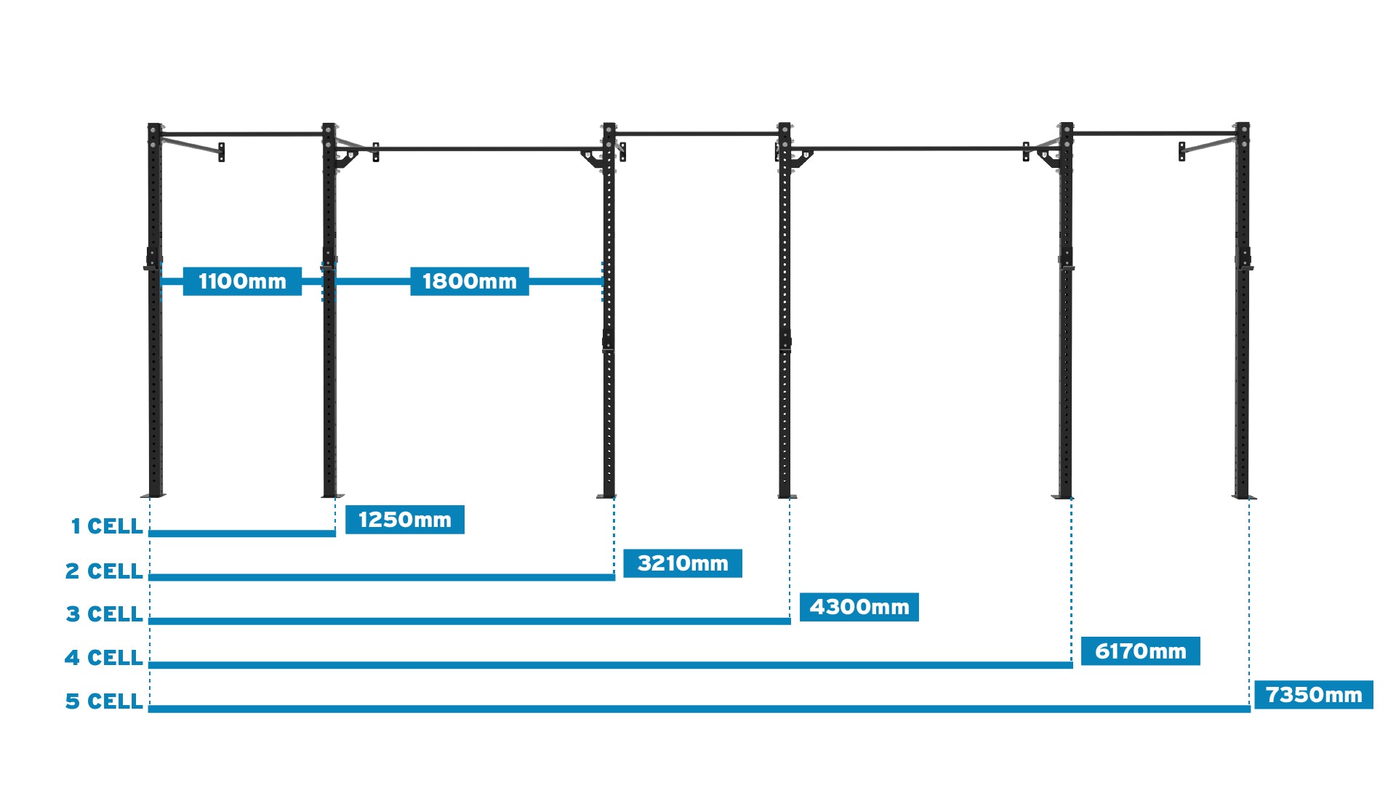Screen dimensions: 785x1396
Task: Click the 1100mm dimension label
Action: click(x=242, y=281)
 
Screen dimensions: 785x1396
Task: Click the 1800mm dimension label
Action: click(x=469, y=281)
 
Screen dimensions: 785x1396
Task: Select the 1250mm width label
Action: click(x=404, y=520)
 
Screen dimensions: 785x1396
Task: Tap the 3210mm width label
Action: click(x=683, y=563)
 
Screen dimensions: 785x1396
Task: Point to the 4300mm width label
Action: click(x=859, y=607)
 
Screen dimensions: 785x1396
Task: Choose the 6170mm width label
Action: click(x=1140, y=651)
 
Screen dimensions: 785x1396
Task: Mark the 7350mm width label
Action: click(x=1313, y=695)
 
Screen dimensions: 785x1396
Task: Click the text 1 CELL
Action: click(x=106, y=526)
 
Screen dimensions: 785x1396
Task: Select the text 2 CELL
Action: click(x=104, y=571)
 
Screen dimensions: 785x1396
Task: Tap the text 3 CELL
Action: click(x=104, y=614)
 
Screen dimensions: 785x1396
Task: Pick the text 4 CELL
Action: click(x=103, y=658)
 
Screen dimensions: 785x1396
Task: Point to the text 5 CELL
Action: click(x=104, y=701)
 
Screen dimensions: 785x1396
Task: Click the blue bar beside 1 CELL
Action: click(x=242, y=534)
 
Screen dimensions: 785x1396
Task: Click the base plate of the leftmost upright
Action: click(x=154, y=496)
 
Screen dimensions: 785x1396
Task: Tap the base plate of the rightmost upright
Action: click(x=1243, y=497)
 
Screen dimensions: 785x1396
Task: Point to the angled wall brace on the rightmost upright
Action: click(x=1207, y=146)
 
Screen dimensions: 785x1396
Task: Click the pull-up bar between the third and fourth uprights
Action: click(x=697, y=134)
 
